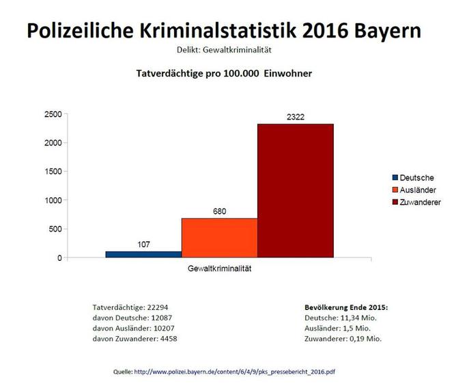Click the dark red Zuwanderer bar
coord(295,191)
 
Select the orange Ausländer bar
coord(219,238)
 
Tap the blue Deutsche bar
coord(143,254)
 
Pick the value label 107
coord(143,244)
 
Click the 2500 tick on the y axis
coord(53,114)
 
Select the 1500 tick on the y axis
coord(53,171)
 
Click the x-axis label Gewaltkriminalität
coord(219,268)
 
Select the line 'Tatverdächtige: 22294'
coord(130,307)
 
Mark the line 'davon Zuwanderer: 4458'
coord(135,338)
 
